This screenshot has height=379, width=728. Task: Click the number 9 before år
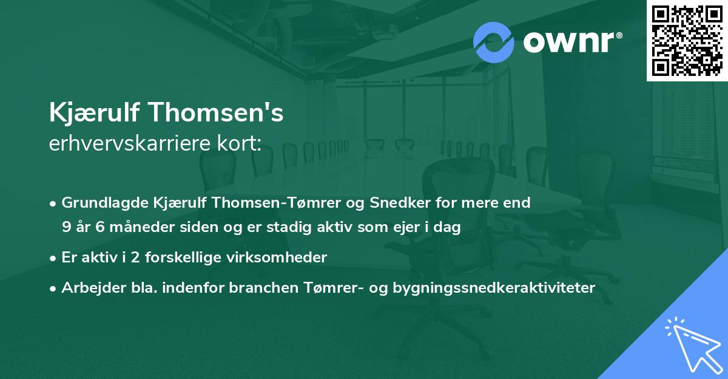click(x=66, y=227)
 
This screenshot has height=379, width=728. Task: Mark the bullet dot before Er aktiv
click(x=53, y=258)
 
